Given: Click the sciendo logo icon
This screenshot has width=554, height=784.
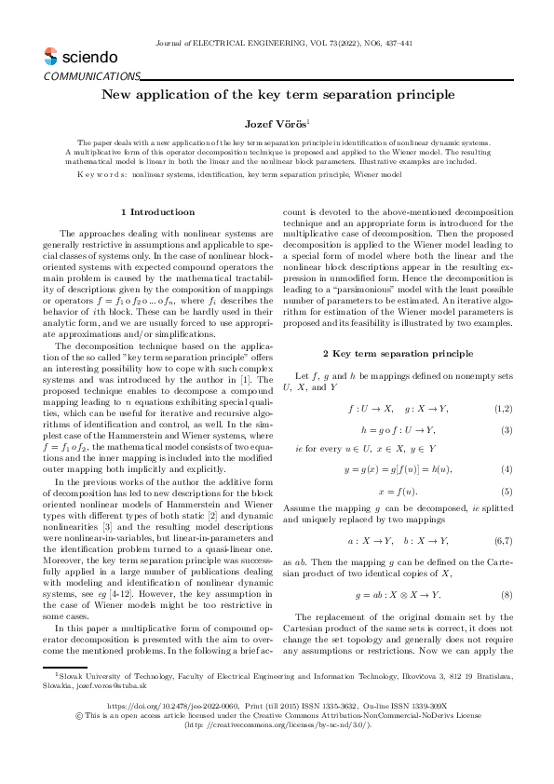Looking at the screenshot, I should (x=50, y=57).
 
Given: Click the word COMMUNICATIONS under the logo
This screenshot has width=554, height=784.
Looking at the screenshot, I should (x=91, y=76).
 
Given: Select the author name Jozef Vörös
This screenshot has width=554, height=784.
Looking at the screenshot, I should (x=276, y=123).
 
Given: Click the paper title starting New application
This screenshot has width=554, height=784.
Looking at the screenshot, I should (x=277, y=95).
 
